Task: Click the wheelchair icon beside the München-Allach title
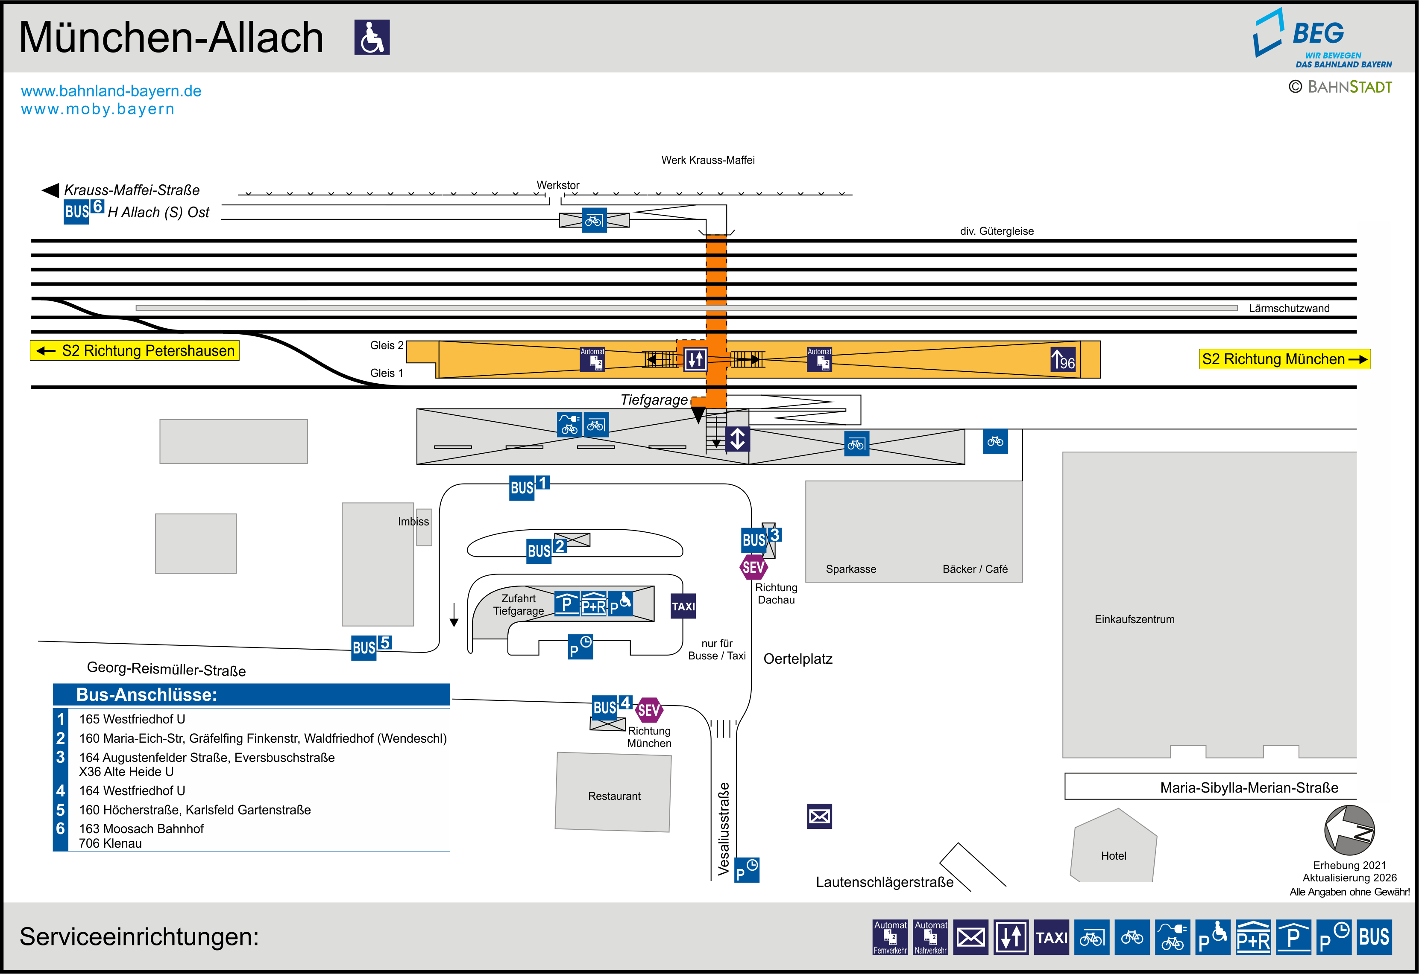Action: (x=372, y=37)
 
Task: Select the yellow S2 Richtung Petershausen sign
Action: (x=135, y=351)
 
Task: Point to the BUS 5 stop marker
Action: (x=371, y=646)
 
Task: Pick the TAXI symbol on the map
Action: (x=683, y=606)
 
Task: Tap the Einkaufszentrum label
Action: (x=1134, y=619)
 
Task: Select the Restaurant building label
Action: (x=614, y=796)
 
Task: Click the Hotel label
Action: (x=1113, y=856)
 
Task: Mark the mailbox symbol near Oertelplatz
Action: (x=819, y=817)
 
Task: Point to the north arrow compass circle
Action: (x=1349, y=830)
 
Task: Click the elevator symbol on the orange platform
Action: (x=695, y=359)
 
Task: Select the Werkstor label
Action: (x=557, y=185)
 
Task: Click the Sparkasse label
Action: (x=850, y=569)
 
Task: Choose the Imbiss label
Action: (x=413, y=521)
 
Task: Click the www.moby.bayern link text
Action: (x=98, y=109)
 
